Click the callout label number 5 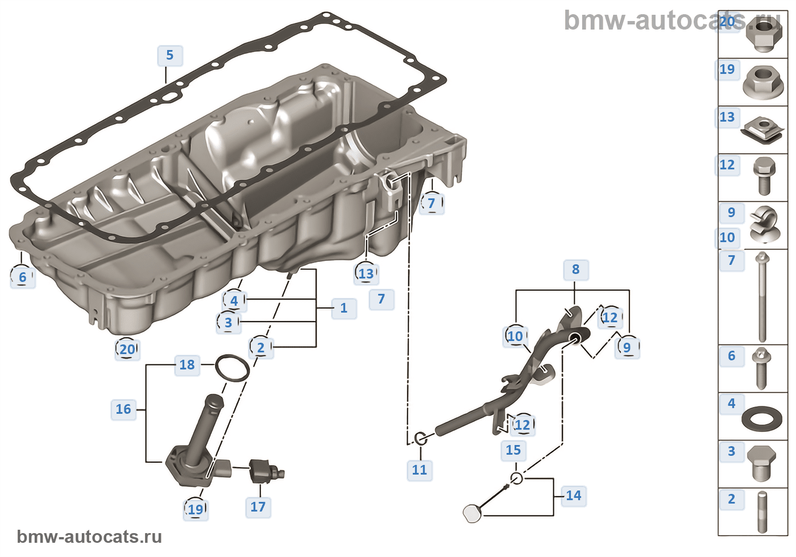point(169,56)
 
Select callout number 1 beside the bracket point(343,308)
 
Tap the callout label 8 point(575,269)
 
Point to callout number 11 point(420,470)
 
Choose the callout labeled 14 point(573,496)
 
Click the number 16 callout point(123,409)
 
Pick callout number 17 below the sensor point(258,507)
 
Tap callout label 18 point(187,365)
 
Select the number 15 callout point(513,450)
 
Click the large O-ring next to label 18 point(232,369)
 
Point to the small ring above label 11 point(421,438)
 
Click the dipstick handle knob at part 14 point(472,513)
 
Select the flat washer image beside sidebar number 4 point(762,419)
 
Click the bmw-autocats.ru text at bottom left point(89,537)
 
